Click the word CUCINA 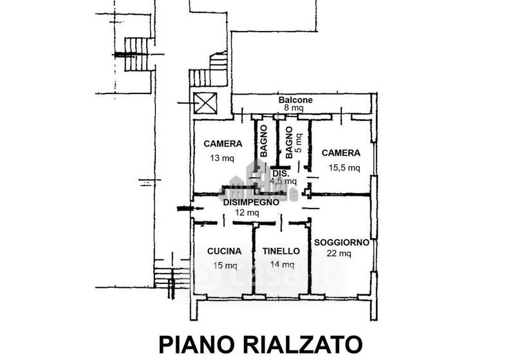(225, 251)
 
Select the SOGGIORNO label (341, 242)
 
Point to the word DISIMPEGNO (251, 202)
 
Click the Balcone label (295, 100)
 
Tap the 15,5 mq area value (344, 167)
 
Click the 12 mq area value (247, 213)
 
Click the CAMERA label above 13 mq (223, 144)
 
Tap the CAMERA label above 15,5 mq (341, 153)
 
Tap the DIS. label (281, 173)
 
